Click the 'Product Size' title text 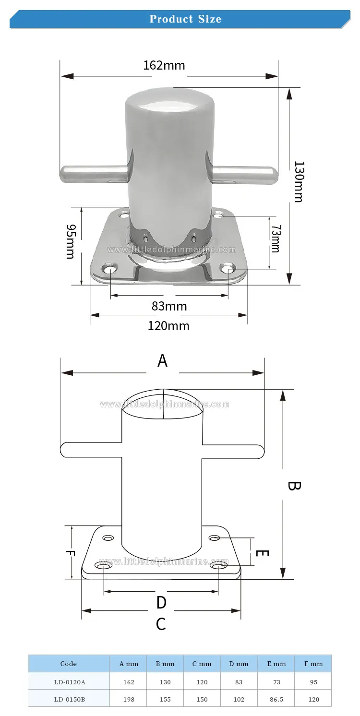(x=185, y=19)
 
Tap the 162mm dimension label (x=164, y=66)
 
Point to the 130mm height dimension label (x=299, y=181)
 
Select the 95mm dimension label (x=71, y=241)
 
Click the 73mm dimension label (x=276, y=239)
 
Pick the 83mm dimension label (x=169, y=306)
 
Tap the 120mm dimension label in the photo (x=168, y=326)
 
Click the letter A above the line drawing (x=162, y=361)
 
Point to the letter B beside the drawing (x=294, y=486)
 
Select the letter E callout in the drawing (x=262, y=553)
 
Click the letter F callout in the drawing (x=70, y=554)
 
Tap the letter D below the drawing (x=161, y=603)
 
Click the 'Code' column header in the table (x=69, y=664)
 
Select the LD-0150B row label (x=70, y=699)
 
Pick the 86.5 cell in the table (x=276, y=699)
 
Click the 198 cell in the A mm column (x=129, y=699)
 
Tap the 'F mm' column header (x=313, y=664)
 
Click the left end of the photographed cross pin (x=61, y=174)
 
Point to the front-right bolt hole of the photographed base (x=228, y=269)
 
